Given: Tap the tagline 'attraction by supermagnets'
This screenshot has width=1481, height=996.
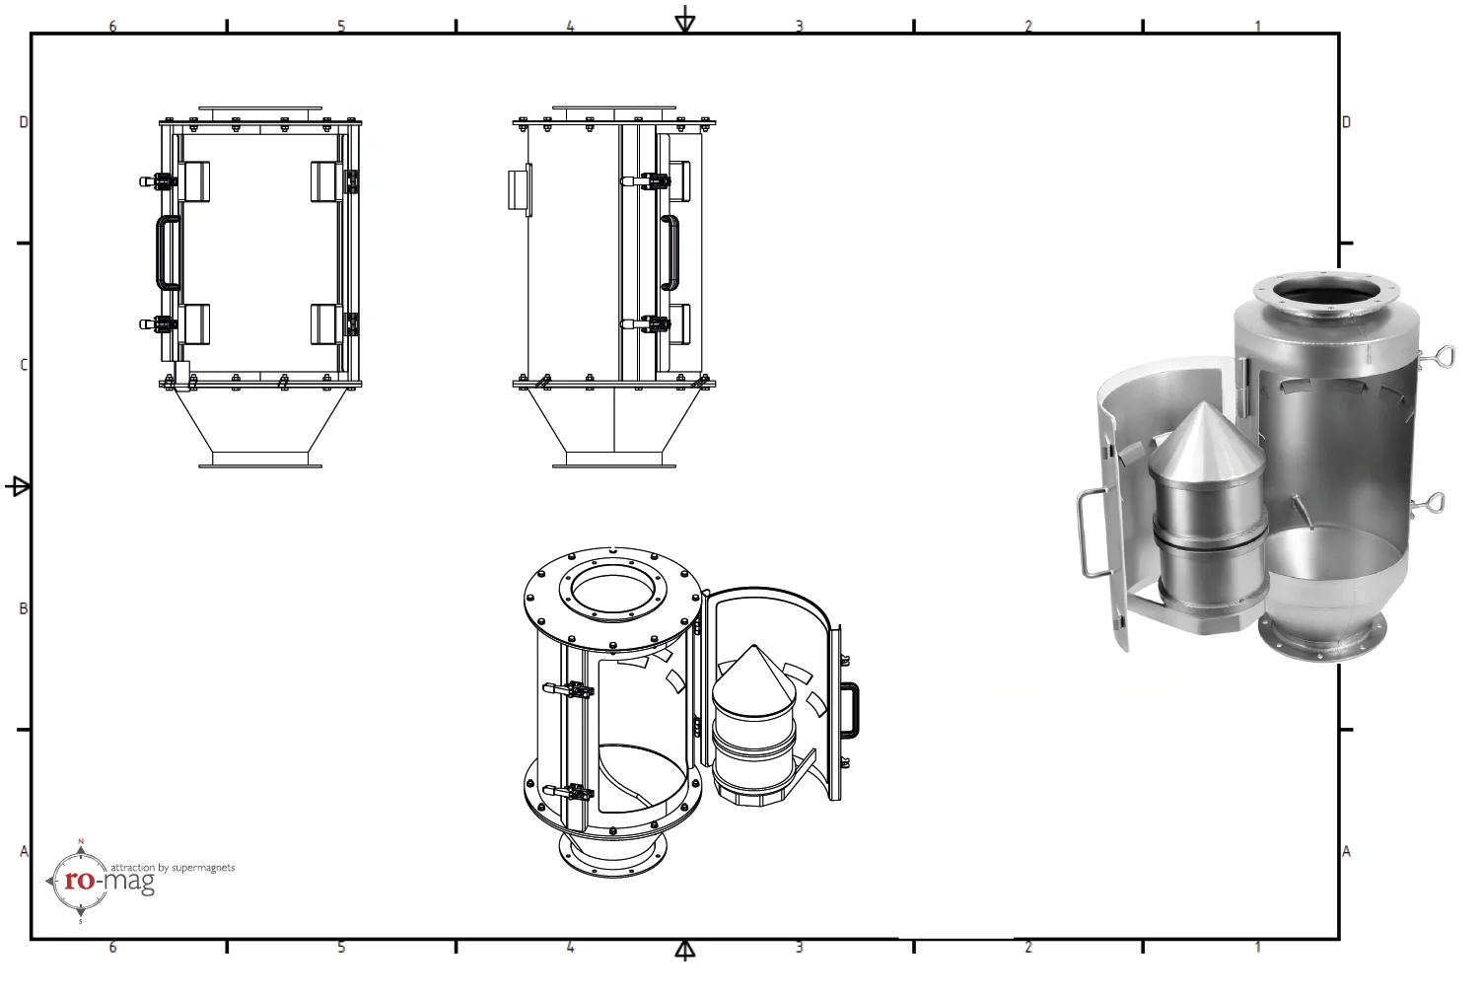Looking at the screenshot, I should click(173, 868).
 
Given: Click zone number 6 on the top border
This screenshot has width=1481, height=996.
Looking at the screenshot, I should click(112, 27).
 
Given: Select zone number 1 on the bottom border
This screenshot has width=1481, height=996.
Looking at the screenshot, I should click(1257, 947).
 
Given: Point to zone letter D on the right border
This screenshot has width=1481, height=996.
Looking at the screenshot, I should click(1346, 122).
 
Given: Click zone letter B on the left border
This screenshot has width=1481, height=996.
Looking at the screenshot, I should click(24, 608).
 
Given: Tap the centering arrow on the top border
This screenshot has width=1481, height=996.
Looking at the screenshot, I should click(684, 20).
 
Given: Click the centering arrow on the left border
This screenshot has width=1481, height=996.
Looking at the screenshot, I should click(18, 486).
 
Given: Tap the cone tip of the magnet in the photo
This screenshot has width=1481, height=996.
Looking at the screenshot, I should click(1205, 407).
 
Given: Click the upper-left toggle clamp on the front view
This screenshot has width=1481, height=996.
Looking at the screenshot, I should click(158, 181).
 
